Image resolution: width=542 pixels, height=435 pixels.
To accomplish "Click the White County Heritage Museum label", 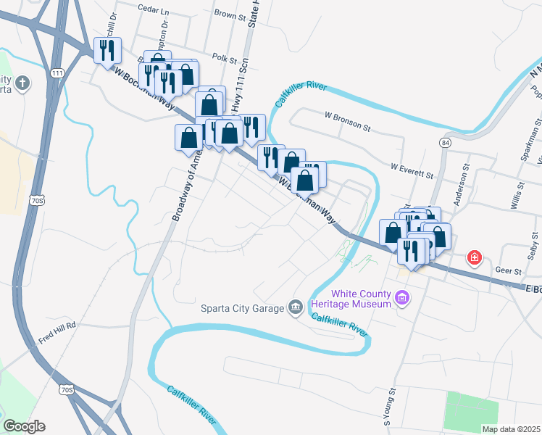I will (359, 298).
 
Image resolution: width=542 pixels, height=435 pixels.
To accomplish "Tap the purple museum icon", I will (402, 297).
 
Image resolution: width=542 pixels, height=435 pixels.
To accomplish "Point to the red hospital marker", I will (474, 257).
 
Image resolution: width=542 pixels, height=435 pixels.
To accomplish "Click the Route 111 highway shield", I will (59, 73).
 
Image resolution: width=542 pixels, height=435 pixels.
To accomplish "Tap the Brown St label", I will (230, 14).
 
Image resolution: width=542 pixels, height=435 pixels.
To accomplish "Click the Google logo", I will (24, 426).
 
